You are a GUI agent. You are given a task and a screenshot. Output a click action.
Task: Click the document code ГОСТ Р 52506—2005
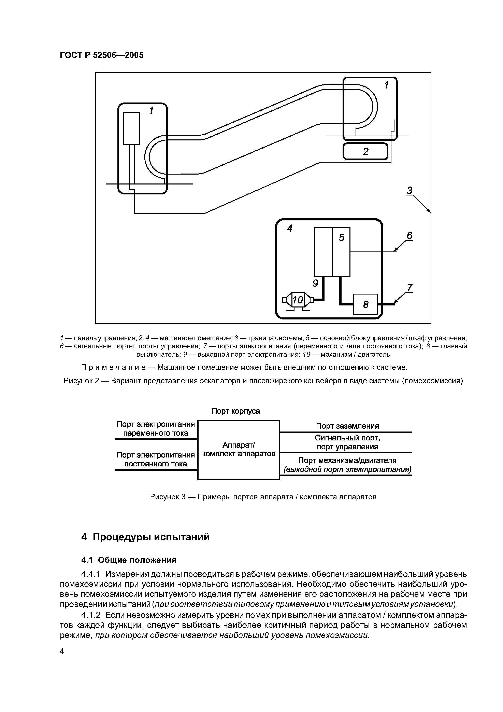102,55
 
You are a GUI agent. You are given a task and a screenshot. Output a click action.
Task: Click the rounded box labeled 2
365,151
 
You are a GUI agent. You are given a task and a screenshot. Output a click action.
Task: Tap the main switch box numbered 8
365,304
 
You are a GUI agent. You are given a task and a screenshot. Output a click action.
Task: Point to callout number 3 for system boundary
410,190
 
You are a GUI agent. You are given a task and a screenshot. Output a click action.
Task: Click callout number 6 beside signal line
409,236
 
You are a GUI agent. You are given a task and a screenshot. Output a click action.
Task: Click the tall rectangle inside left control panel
131,128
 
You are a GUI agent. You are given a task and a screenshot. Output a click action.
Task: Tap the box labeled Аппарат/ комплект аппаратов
239,450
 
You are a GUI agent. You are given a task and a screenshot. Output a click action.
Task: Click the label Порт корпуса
235,411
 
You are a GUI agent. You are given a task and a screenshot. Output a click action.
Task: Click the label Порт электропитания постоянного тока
156,459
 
